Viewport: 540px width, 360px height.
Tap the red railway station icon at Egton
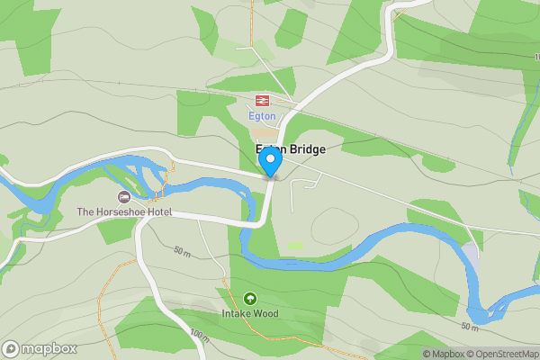(x=262, y=101)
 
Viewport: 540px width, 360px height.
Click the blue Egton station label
(x=262, y=116)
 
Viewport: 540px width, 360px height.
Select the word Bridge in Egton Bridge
(x=306, y=149)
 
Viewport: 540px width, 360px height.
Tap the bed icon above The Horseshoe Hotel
(x=124, y=196)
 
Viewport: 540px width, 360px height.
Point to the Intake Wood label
(x=250, y=314)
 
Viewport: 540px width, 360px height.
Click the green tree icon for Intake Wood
(x=250, y=298)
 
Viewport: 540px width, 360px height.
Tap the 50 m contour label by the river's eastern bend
(x=469, y=325)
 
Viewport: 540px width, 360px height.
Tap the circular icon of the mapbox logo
(x=11, y=348)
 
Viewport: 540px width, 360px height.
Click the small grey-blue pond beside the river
(x=471, y=256)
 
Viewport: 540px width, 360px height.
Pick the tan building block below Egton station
(x=265, y=131)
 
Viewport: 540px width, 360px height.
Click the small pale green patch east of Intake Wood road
(x=295, y=246)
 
